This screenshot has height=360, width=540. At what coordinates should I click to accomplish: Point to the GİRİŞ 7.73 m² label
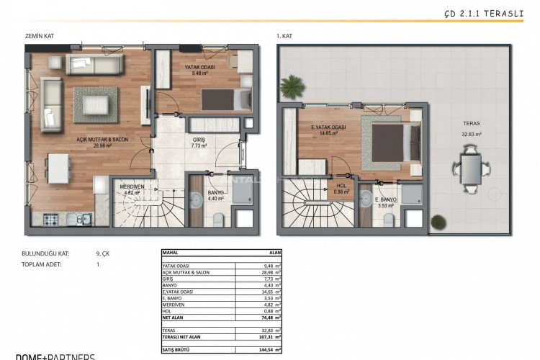199,142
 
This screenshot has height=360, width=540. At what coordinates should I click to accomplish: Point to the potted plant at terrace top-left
292,88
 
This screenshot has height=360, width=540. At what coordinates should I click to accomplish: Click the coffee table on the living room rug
94,105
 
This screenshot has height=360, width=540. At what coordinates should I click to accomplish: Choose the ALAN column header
274,253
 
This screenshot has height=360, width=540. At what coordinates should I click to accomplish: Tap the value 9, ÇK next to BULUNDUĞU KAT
103,253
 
